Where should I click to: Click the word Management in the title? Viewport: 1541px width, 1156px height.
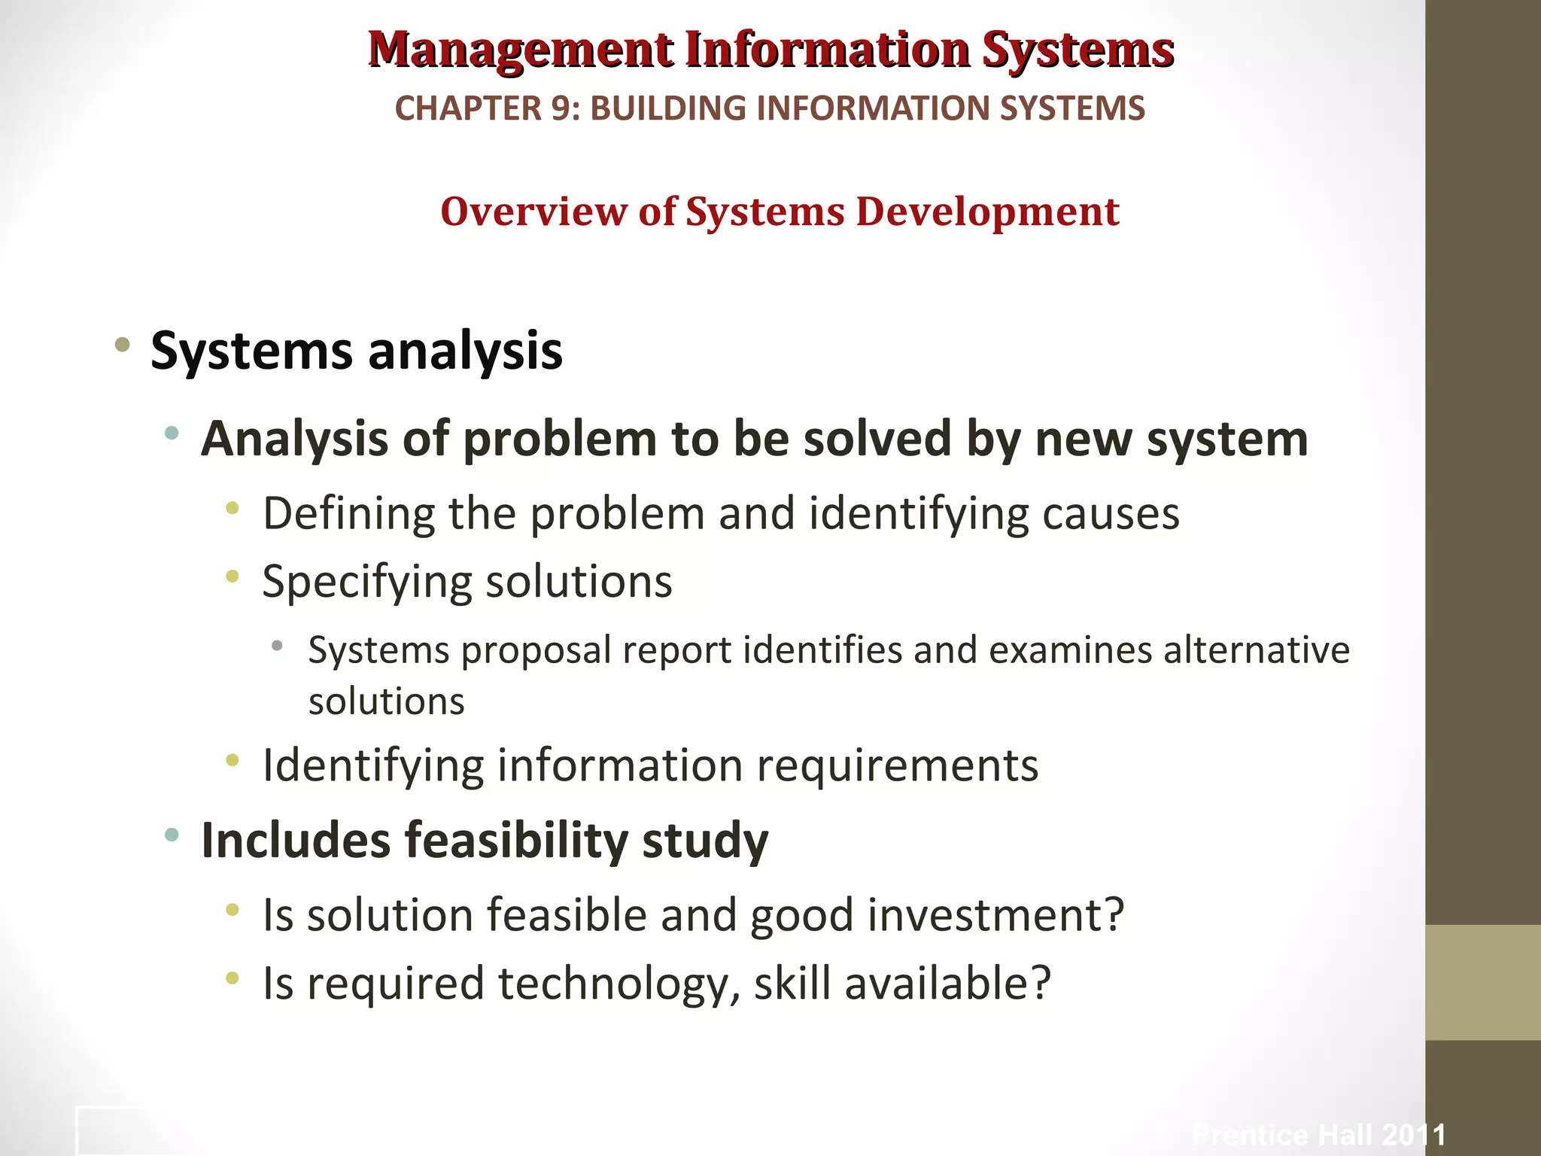click(x=520, y=50)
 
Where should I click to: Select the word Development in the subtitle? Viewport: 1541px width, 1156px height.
click(x=987, y=211)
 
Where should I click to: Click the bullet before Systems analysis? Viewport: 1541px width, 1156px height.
click(x=122, y=345)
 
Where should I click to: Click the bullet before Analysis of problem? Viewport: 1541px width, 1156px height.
click(x=172, y=433)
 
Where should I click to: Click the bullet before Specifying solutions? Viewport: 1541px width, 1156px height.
click(x=233, y=577)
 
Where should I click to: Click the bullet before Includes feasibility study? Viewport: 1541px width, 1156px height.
click(x=172, y=834)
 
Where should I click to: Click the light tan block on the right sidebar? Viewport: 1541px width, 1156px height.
click(x=1482, y=982)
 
